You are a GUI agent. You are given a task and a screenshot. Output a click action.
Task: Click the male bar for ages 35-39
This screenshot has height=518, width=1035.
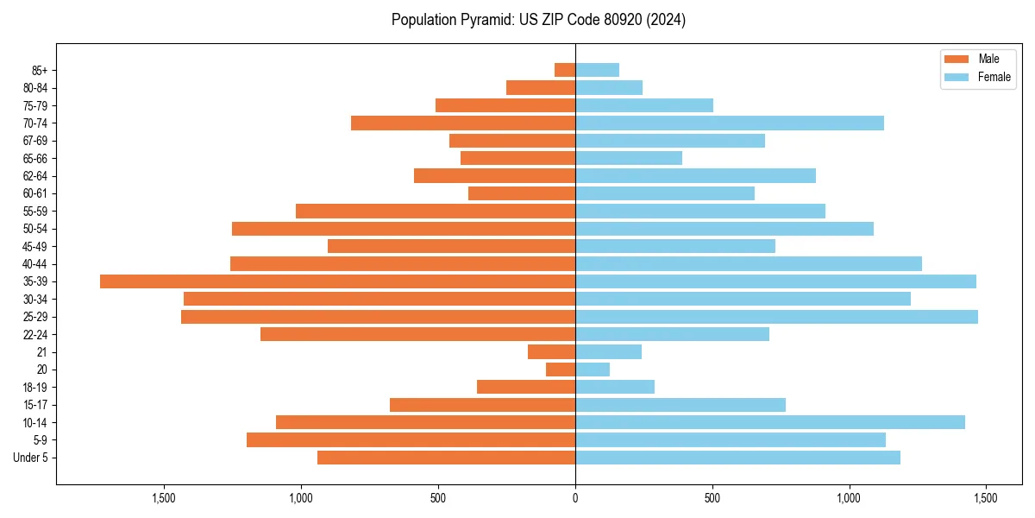click(x=337, y=281)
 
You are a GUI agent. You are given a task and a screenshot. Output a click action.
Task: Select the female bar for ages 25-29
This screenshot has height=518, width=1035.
click(x=776, y=317)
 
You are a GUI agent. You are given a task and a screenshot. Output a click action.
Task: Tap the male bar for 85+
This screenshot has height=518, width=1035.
click(x=565, y=70)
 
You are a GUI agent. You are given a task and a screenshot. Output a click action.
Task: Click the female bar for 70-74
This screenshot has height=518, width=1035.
click(x=730, y=123)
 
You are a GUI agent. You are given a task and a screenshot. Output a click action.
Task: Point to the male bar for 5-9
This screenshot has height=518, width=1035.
click(x=411, y=440)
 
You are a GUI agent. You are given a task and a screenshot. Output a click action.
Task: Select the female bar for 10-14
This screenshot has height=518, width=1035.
click(x=770, y=422)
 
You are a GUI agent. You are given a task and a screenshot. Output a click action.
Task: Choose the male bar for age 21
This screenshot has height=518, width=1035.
click(x=552, y=352)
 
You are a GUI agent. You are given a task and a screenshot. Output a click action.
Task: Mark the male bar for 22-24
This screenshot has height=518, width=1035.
click(x=417, y=334)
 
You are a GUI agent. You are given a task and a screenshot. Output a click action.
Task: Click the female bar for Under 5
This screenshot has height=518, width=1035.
click(x=737, y=458)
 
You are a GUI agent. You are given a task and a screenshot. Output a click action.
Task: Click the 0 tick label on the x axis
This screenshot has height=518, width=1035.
click(x=575, y=498)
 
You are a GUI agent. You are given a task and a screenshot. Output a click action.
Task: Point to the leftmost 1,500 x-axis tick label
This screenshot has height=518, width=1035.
click(x=164, y=498)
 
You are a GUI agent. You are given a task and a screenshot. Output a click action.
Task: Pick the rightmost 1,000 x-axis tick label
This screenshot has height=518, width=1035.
click(x=850, y=498)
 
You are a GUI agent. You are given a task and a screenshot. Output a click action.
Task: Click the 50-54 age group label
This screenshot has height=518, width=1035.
click(x=35, y=229)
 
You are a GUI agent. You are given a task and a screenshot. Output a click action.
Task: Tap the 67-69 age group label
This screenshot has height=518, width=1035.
click(x=35, y=141)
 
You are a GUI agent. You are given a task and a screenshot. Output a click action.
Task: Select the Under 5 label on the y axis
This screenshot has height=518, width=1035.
click(x=31, y=458)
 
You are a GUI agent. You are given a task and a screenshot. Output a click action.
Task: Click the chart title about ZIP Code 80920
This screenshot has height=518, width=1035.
click(x=538, y=20)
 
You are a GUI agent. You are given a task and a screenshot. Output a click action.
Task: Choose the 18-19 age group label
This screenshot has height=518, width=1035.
click(x=35, y=388)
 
